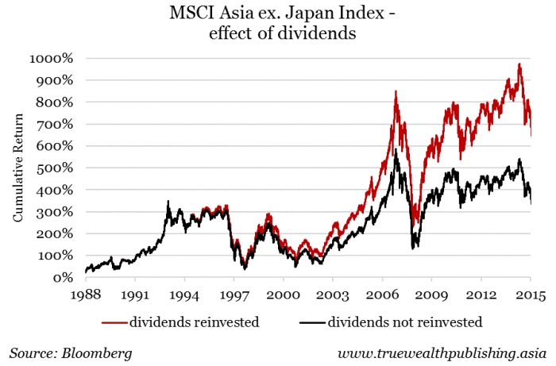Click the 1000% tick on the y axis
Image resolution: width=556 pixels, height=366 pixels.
(x=53, y=59)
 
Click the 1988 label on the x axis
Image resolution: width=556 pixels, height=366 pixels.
(x=85, y=295)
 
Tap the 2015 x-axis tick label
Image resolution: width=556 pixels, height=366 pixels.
(x=531, y=295)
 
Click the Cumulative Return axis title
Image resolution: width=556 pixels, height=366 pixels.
(x=18, y=168)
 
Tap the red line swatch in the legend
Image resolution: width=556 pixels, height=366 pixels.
(x=116, y=322)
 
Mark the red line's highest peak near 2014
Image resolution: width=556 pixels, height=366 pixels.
(x=519, y=64)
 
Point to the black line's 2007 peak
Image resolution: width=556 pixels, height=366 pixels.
(x=396, y=148)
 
